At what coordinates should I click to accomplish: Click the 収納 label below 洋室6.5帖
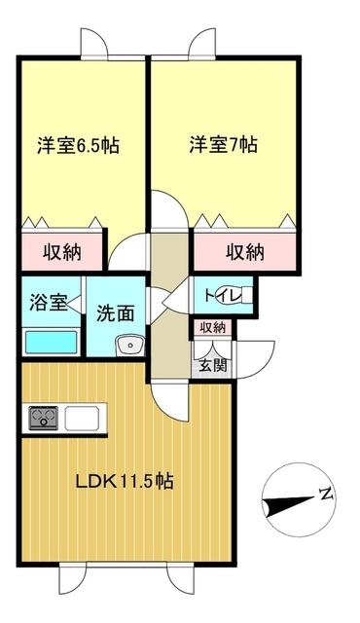click(x=61, y=252)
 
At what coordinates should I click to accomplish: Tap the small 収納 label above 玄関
click(x=212, y=328)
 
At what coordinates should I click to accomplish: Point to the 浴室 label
click(x=46, y=302)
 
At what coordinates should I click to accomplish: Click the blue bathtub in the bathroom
click(x=51, y=343)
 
